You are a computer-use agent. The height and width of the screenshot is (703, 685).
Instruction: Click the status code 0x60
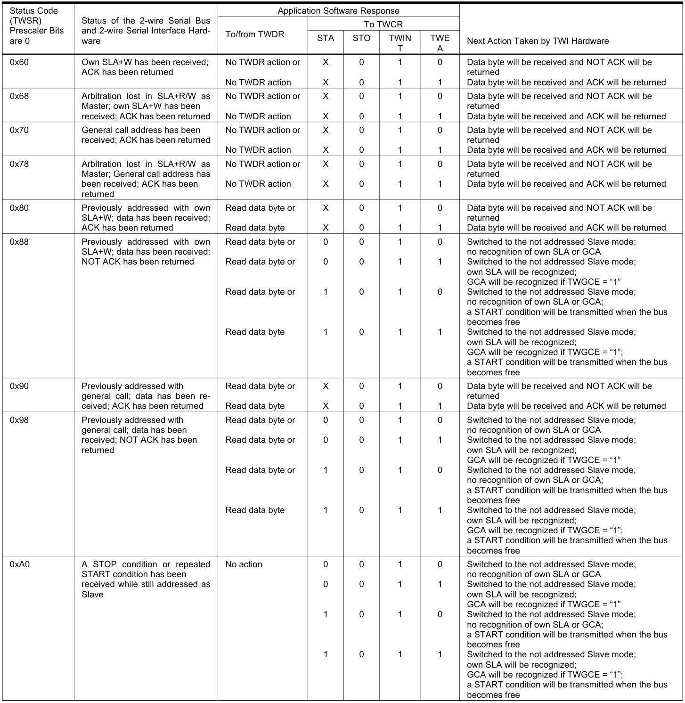(19, 62)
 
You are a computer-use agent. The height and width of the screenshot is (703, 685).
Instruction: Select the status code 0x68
(19, 96)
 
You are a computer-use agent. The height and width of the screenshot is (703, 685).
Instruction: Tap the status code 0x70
(19, 130)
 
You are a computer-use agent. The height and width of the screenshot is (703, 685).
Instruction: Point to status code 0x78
(19, 164)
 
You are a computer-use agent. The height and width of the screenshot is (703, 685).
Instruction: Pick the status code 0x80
(19, 208)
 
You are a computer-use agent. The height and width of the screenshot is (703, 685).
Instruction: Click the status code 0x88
(19, 242)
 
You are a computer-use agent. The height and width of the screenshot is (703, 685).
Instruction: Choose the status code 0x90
(19, 386)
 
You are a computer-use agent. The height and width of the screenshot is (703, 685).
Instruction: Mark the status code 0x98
(19, 420)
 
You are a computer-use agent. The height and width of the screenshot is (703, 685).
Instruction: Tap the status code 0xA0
(20, 564)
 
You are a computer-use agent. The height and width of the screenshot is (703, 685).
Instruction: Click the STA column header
(326, 38)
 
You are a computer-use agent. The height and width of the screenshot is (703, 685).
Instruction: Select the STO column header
(361, 38)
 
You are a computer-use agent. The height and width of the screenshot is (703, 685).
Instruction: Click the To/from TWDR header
(255, 34)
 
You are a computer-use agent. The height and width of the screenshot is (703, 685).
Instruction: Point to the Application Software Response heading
(338, 11)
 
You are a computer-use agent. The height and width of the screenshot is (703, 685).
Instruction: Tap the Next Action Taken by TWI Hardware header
(538, 41)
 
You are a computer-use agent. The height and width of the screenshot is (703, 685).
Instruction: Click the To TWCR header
(383, 25)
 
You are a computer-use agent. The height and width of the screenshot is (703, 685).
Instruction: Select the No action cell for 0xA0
(244, 564)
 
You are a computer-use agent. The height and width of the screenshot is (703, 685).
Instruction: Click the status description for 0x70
(146, 135)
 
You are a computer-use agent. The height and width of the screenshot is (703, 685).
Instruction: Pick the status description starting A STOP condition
(146, 579)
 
